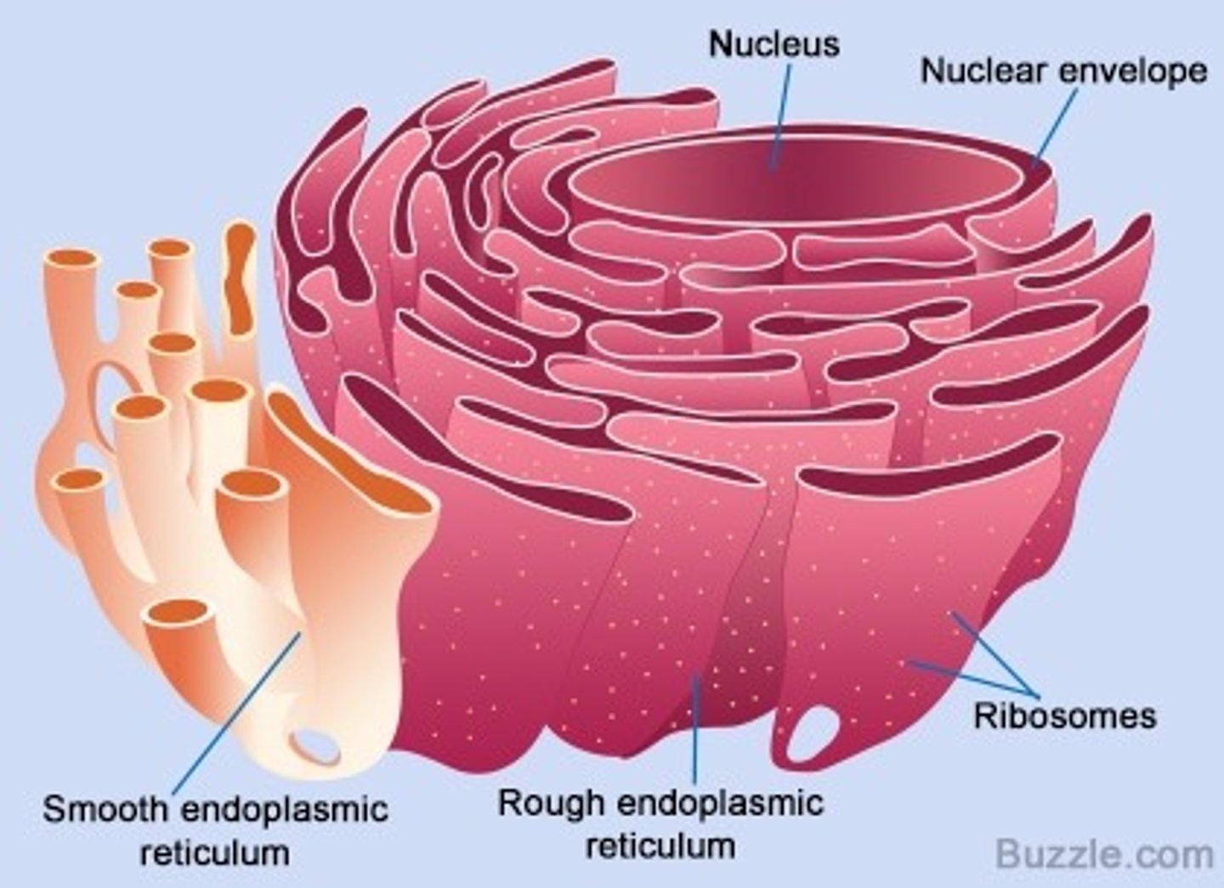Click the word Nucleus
[773, 44]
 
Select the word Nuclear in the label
[982, 71]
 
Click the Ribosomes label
[1064, 715]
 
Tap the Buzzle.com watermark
[1104, 853]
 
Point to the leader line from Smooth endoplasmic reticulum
[238, 714]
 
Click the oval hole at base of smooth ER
[314, 745]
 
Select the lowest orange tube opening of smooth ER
[177, 612]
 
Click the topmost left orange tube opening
[73, 258]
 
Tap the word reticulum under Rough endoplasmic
[660, 846]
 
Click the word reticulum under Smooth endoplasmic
[214, 852]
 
